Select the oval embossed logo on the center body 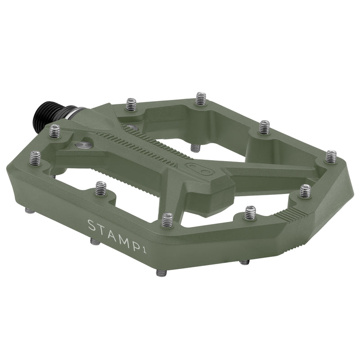pos(194,168)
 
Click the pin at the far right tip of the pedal pos(331,157)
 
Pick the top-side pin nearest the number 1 pos(167,220)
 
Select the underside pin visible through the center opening pos(195,148)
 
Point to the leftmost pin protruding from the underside pos(29,210)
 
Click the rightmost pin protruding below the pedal pos(244,262)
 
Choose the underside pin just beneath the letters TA pos(95,242)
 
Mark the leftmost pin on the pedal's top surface pos(35,157)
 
